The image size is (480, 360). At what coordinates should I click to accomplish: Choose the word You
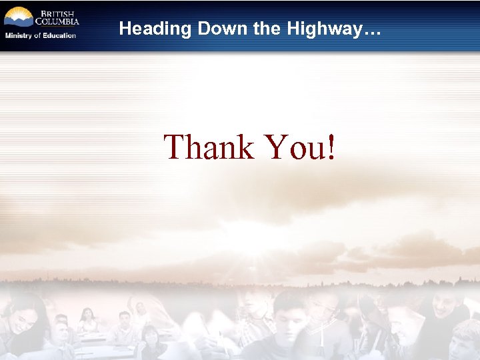coord(294,147)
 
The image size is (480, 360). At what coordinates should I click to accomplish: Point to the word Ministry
coord(19,35)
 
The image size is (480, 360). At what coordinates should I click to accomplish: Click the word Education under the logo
coord(60,35)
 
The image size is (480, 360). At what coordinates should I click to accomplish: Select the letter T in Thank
coord(175,147)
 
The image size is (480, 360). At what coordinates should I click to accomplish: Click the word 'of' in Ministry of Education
coord(38,35)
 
